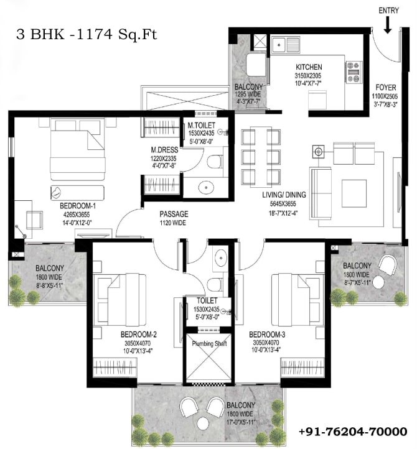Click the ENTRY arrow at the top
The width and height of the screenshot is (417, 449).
point(388,25)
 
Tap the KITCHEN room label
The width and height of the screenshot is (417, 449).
point(309,67)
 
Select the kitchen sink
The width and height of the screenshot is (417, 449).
point(285,45)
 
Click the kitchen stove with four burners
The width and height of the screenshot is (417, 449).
point(353,72)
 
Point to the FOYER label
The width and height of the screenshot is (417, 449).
point(386,87)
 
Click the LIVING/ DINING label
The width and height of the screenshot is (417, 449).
point(284,195)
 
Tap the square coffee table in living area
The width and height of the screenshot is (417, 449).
point(354,193)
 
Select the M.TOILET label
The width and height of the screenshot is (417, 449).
point(201,125)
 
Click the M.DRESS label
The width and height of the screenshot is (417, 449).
point(164,150)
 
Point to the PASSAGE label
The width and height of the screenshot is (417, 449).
point(174,214)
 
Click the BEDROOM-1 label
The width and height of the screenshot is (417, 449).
point(78,206)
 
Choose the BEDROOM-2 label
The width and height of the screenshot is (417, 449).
point(138,334)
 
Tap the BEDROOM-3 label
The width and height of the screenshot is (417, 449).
point(267,334)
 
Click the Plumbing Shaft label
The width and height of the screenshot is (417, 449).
point(209,343)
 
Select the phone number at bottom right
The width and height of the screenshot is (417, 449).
point(353,432)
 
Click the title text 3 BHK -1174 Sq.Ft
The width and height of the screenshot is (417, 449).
point(87,35)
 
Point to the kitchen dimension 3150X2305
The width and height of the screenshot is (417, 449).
point(308,76)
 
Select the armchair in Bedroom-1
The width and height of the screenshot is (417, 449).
point(34,220)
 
